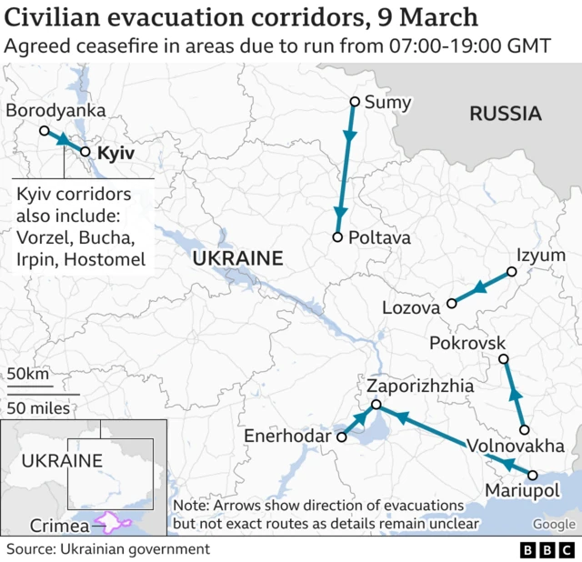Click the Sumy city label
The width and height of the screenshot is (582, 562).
coord(387,103)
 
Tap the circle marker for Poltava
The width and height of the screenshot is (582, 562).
coord(337,237)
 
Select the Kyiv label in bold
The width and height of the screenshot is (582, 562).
coord(115,154)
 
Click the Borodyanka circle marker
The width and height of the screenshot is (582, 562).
coord(44,131)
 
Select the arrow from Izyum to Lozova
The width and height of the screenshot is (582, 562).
coord(481,287)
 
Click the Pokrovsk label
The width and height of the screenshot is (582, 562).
coord(466,344)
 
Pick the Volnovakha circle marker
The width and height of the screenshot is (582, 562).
coord(523,429)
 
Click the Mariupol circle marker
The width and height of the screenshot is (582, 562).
coord(533,475)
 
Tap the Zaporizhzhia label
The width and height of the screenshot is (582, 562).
coord(419,386)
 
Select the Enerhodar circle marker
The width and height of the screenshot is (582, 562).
coord(342,437)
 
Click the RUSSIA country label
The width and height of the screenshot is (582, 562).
coord(505,114)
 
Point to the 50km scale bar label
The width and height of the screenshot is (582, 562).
coord(28,374)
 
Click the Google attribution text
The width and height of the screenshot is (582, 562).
coord(554,525)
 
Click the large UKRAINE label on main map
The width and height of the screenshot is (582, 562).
coord(237,259)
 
